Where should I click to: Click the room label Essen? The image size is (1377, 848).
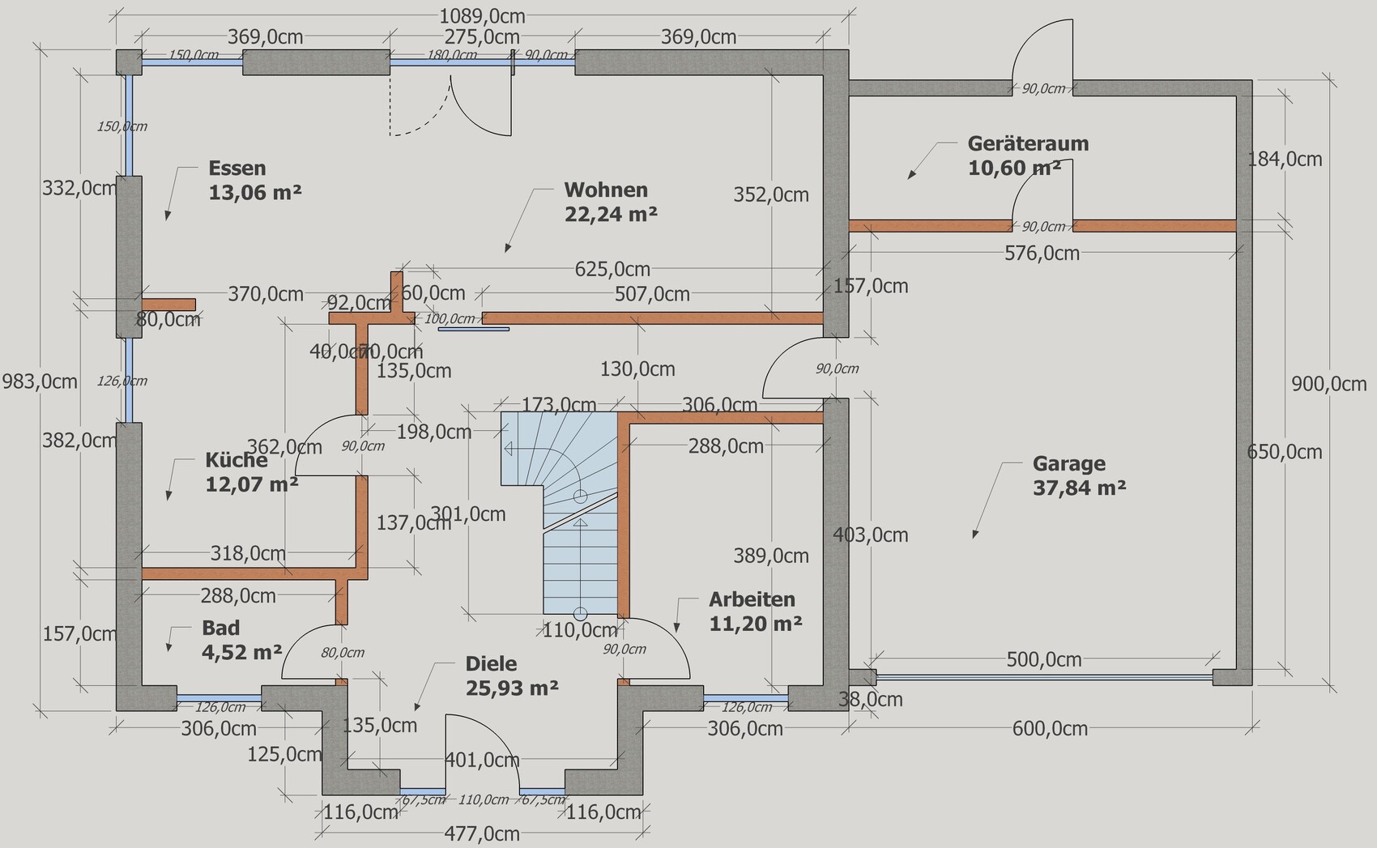point(237,168)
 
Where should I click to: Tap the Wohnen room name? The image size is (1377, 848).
point(606,190)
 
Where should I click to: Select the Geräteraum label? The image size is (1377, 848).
point(1028,144)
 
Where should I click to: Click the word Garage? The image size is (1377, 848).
point(1068,464)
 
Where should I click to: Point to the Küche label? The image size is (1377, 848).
point(236,461)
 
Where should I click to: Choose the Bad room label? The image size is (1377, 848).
point(220,629)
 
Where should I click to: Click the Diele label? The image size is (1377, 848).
point(491,664)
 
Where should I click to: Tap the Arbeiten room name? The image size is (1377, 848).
point(752,600)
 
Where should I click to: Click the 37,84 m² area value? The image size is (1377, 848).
point(1079,488)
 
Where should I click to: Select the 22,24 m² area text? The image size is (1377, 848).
point(610,214)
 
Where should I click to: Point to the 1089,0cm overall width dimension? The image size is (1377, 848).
point(482,16)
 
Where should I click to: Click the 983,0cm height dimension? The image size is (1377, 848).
point(40,381)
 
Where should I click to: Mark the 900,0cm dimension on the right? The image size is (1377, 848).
point(1328,384)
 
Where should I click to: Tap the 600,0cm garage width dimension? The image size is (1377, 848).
point(1049,729)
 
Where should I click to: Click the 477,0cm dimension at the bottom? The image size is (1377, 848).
point(482,833)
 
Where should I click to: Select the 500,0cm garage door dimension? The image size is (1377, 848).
point(1043,660)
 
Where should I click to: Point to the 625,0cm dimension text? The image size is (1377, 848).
point(612,269)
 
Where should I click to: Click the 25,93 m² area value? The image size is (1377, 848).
point(512,688)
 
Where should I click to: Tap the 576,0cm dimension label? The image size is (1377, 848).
point(1042,254)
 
